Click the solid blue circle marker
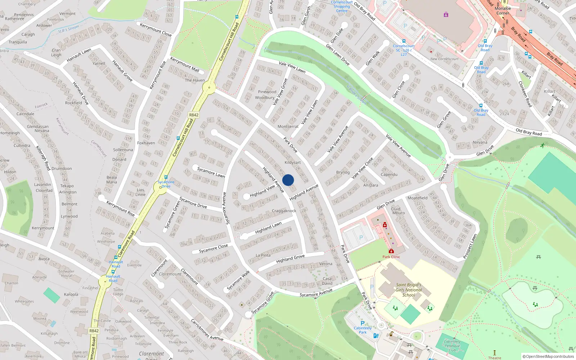click(288, 180)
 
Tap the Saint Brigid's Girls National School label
click(409, 290)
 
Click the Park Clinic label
click(391, 257)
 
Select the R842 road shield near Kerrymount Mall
click(194, 115)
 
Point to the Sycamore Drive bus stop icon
click(166, 177)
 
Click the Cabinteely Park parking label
click(363, 330)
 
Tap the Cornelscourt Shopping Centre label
click(342, 6)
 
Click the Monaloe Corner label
click(503, 11)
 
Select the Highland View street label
click(262, 191)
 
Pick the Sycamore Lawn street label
click(211, 172)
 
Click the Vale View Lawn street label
click(292, 67)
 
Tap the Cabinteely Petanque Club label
click(452, 346)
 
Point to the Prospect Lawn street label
click(470, 246)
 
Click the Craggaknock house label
click(284, 211)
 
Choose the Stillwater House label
click(67, 274)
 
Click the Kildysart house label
click(293, 162)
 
